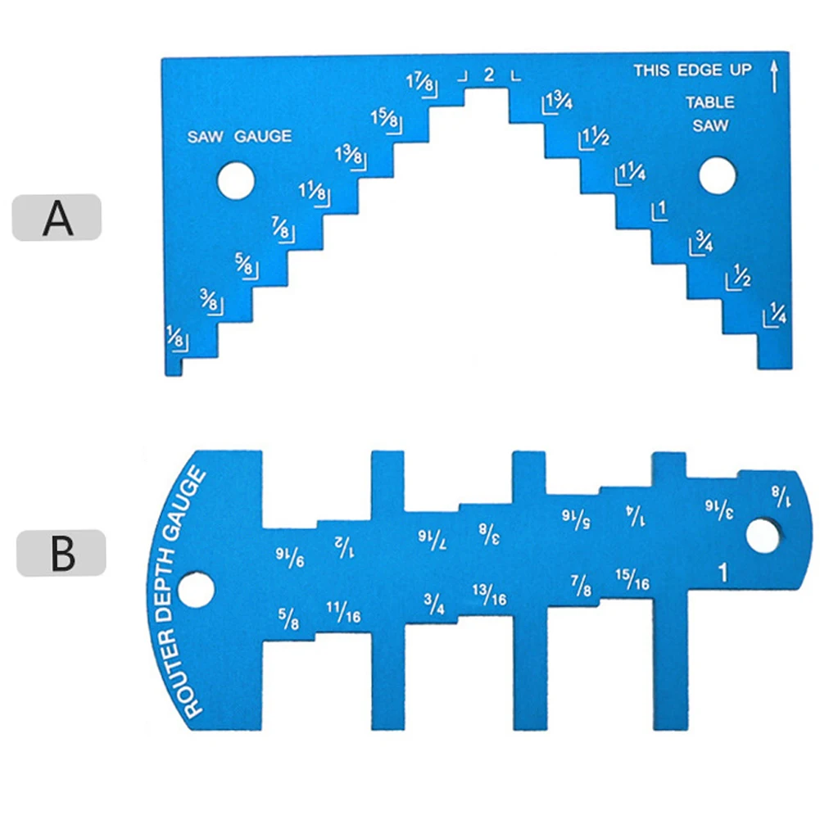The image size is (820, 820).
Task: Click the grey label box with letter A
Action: point(57,217)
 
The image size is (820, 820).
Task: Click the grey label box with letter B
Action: point(61,553)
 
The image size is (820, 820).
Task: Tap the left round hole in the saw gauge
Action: point(236,181)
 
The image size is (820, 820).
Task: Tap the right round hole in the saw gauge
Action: point(718,175)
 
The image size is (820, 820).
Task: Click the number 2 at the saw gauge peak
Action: point(489,75)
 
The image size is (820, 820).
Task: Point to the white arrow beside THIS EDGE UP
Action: point(774,76)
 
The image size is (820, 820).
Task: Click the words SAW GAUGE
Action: point(239,137)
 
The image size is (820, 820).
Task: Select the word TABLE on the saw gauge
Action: point(709,102)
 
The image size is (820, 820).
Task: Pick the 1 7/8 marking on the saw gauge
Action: point(420,84)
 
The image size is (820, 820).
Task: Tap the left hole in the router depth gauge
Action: point(196,590)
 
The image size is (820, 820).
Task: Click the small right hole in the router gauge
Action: point(763,536)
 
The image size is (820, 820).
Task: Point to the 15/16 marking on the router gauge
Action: point(632,579)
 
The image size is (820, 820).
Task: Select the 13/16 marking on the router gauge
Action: point(490,595)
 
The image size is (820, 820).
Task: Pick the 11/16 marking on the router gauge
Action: point(343,612)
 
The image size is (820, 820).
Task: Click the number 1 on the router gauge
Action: point(723,573)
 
